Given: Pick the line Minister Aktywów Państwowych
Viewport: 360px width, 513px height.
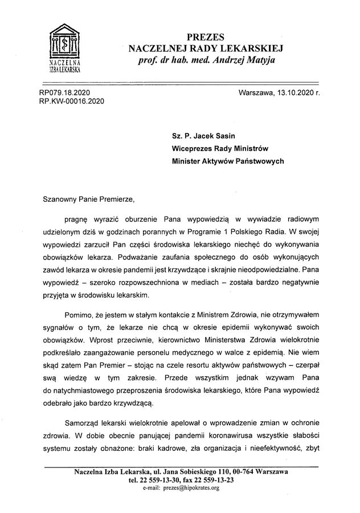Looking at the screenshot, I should click(228, 161).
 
